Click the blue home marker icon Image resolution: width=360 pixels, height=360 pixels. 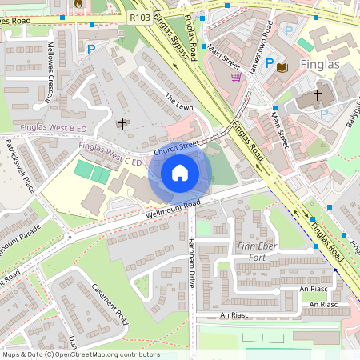[x=180, y=173]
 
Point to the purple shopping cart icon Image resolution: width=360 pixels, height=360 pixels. [x=236, y=77]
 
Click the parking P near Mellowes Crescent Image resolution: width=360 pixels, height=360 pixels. [x=91, y=49]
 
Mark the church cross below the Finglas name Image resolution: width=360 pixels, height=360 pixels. [x=317, y=95]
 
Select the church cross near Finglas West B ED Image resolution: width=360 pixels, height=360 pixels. [x=122, y=123]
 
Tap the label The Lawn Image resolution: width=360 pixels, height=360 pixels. [x=179, y=102]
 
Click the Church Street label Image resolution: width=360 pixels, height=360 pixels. [x=176, y=146]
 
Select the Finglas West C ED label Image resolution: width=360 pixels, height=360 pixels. [x=110, y=154]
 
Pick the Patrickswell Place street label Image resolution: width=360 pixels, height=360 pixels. [x=20, y=172]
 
